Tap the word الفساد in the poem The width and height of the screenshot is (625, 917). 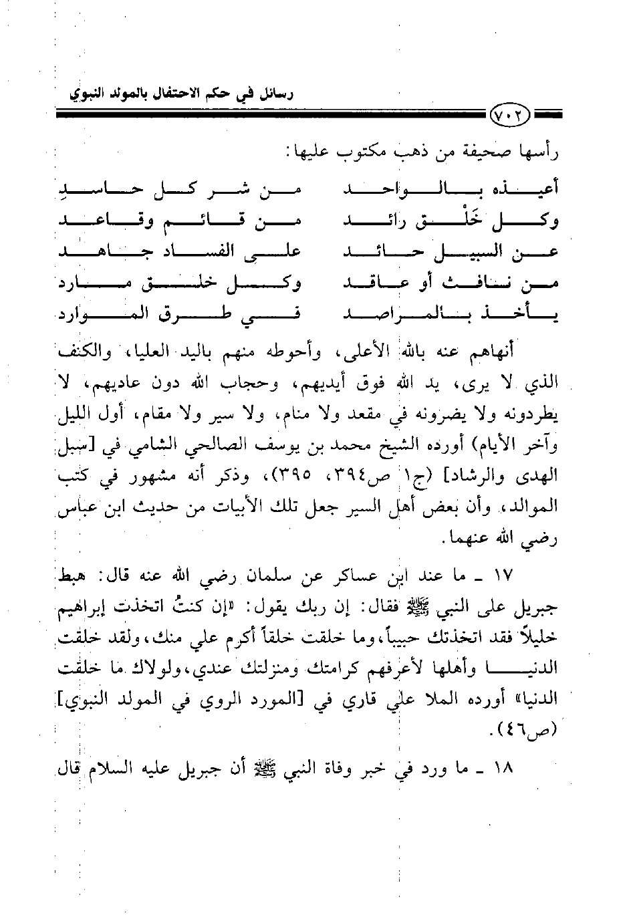click(211, 252)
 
